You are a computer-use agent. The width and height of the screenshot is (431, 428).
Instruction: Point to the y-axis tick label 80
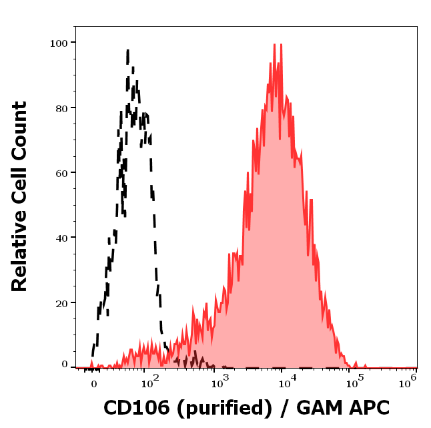point(61,108)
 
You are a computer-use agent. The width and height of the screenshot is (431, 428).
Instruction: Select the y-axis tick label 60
point(61,172)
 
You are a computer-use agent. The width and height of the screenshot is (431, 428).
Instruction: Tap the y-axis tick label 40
point(61,237)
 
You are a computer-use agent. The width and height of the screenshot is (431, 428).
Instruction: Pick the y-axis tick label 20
point(61,302)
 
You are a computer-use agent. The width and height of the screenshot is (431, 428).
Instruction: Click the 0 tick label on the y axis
point(65,365)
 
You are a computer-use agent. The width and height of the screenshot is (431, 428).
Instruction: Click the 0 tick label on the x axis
point(93,384)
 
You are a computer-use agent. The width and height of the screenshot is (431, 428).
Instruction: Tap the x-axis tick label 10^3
point(218,382)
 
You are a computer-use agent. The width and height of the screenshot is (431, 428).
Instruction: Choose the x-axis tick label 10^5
point(354,382)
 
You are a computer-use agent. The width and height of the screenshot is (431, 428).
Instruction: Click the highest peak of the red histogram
point(275,45)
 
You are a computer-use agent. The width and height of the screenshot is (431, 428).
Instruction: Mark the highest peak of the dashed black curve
point(127,50)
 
